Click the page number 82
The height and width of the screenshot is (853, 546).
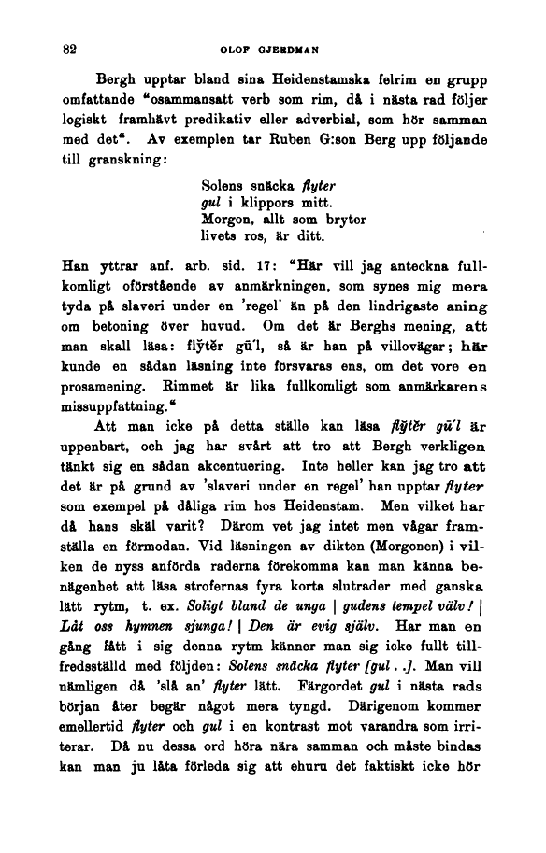click(67, 48)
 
